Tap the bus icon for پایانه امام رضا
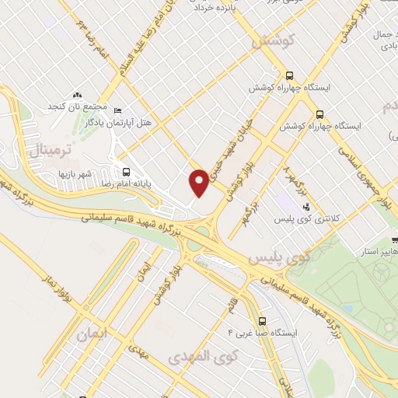pyautogui.click(x=125, y=173)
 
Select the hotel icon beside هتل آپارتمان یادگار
pyautogui.click(x=117, y=110)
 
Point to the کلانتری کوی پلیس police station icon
pyautogui.click(x=305, y=207)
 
